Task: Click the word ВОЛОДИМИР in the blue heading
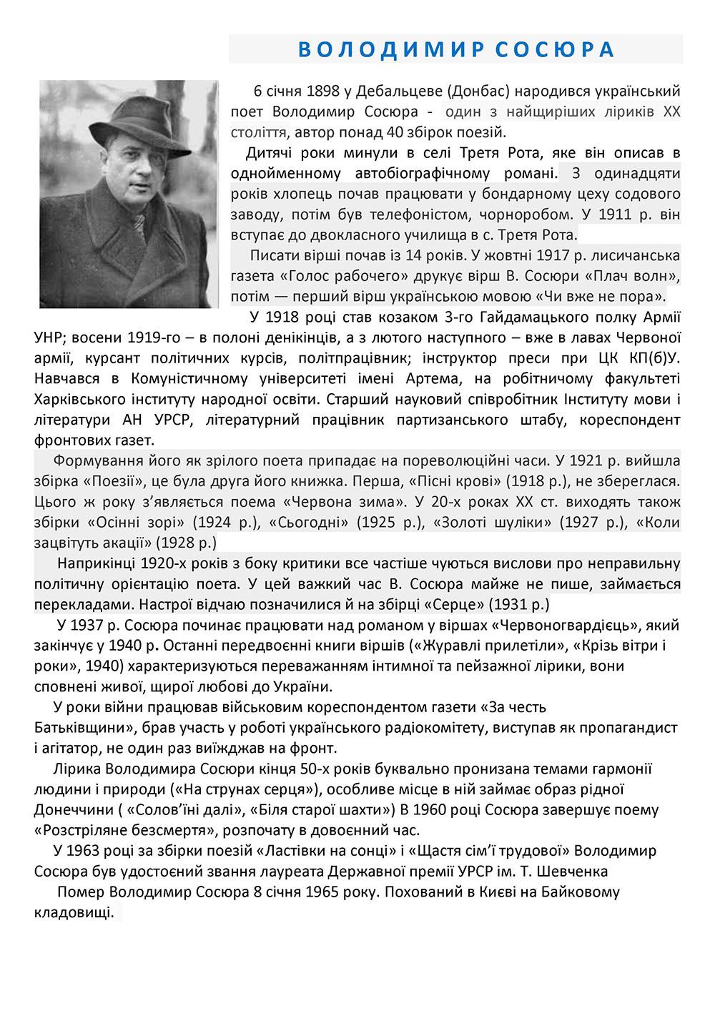pos(377,49)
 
